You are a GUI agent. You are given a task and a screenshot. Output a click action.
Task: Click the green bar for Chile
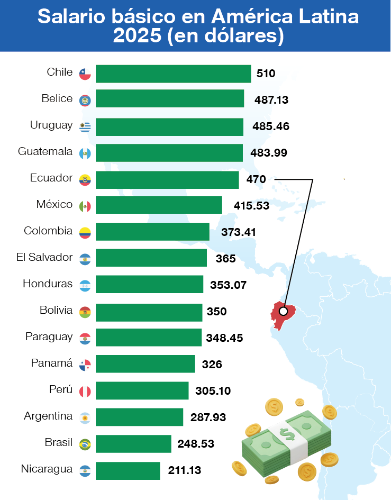(x=173, y=74)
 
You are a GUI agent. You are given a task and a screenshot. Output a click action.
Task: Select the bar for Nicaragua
(x=128, y=470)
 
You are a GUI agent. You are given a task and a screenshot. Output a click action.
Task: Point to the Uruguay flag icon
(x=85, y=126)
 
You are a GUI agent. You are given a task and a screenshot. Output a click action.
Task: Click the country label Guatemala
(x=45, y=152)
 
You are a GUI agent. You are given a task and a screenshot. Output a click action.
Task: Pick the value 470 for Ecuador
(x=256, y=179)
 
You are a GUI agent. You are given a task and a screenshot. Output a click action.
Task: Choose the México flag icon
(x=85, y=206)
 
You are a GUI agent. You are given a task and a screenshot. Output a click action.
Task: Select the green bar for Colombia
(x=152, y=232)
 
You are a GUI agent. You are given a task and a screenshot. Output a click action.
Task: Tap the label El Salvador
(x=44, y=258)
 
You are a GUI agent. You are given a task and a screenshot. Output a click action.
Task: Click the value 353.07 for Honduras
(x=228, y=285)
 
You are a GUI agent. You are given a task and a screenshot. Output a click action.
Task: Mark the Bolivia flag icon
(x=85, y=312)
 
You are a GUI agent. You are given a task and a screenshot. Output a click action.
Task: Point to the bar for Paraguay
(x=149, y=338)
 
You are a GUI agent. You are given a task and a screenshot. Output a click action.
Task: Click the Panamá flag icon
(x=85, y=365)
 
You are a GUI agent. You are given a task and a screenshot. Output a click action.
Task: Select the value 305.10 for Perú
(x=213, y=391)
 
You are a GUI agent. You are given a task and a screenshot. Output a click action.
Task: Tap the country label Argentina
(x=48, y=416)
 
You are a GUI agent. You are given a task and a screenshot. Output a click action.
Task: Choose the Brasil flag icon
(x=85, y=444)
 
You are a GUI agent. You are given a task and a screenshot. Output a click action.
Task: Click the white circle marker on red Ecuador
(x=283, y=311)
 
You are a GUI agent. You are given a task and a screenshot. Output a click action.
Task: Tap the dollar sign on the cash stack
(x=288, y=435)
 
